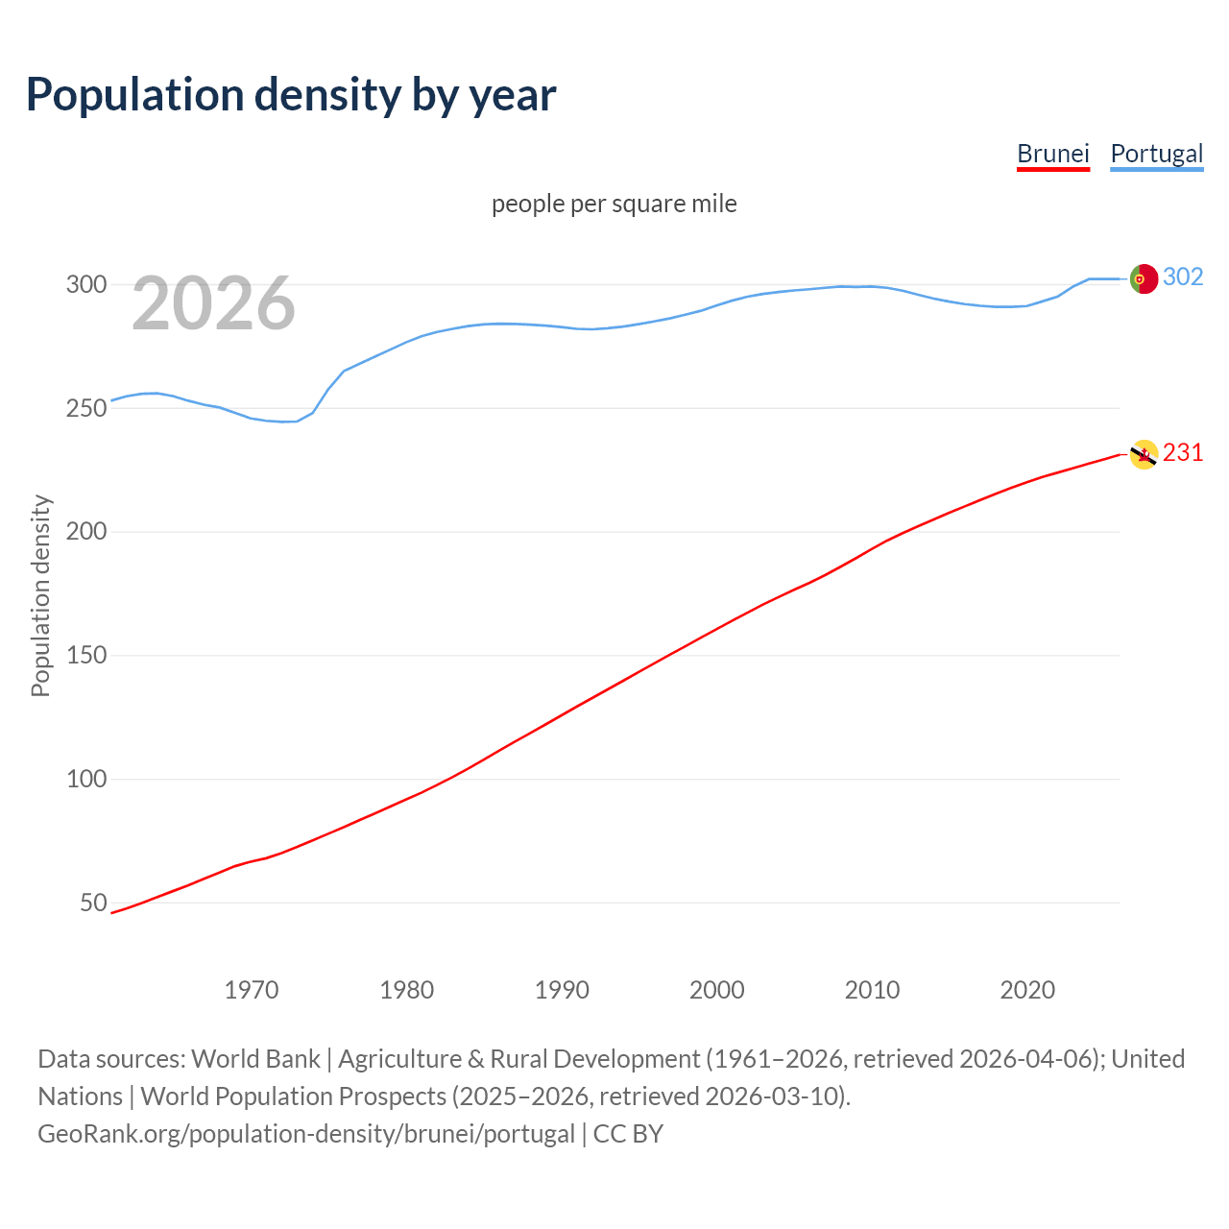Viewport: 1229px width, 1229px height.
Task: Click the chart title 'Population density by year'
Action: pyautogui.click(x=291, y=94)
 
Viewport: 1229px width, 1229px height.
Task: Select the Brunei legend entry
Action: pyautogui.click(x=1052, y=154)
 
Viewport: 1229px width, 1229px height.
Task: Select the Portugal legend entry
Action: pyautogui.click(x=1156, y=154)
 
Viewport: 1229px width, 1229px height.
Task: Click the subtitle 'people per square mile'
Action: pyautogui.click(x=614, y=204)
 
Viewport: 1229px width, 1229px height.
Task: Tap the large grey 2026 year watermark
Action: pyautogui.click(x=213, y=303)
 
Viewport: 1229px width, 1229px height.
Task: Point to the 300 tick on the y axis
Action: pyautogui.click(x=85, y=284)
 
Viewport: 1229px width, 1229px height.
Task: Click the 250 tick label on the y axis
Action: pyautogui.click(x=85, y=408)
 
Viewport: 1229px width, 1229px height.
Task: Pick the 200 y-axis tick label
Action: pyautogui.click(x=85, y=532)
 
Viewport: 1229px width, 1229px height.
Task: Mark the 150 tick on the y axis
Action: pyautogui.click(x=85, y=656)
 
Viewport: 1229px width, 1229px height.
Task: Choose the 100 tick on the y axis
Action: pyautogui.click(x=85, y=779)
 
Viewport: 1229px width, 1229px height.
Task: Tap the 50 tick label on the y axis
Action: pyautogui.click(x=93, y=903)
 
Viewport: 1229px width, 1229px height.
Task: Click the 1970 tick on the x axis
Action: pyautogui.click(x=252, y=990)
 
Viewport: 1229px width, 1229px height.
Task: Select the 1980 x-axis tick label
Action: pyautogui.click(x=407, y=990)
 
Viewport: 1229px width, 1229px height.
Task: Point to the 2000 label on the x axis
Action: pyautogui.click(x=717, y=990)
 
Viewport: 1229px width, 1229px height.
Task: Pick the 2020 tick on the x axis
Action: pyautogui.click(x=1027, y=990)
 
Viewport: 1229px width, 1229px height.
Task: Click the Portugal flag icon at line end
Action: pyautogui.click(x=1144, y=278)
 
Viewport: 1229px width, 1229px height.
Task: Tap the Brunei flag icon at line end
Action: pyautogui.click(x=1144, y=454)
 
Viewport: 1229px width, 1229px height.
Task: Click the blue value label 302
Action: pyautogui.click(x=1183, y=277)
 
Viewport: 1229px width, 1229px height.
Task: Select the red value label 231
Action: pyautogui.click(x=1183, y=453)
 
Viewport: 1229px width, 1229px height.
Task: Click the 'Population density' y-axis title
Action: pyautogui.click(x=40, y=595)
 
